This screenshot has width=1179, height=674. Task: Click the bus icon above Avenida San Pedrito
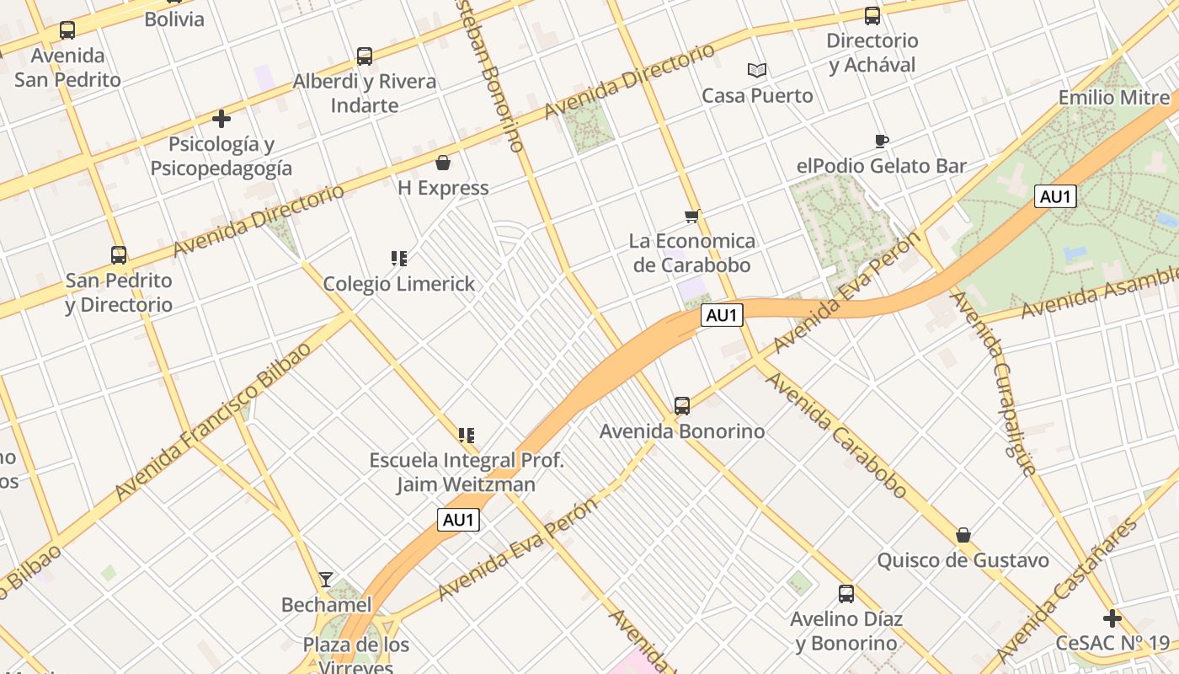67,30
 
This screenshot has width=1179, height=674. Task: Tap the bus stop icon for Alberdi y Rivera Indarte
365,56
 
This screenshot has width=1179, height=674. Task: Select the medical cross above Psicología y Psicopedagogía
221,119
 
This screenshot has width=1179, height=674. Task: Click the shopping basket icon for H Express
443,163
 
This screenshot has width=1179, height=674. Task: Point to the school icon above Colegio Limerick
399,259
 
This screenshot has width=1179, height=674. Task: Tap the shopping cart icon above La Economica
692,217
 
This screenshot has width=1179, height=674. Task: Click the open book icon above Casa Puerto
757,71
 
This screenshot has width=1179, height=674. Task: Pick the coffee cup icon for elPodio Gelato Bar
881,141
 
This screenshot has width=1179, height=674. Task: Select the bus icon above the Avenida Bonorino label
682,406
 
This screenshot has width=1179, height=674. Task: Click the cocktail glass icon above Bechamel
326,580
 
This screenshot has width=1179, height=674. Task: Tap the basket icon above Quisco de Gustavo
963,535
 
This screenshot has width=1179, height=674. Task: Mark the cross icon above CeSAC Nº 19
1112,618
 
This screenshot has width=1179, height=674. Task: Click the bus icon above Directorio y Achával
872,15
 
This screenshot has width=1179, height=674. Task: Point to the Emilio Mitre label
1114,97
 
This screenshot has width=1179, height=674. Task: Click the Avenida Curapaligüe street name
993,383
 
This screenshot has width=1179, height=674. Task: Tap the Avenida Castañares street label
1066,590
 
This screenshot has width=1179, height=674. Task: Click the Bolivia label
174,19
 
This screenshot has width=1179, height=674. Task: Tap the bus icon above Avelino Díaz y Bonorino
846,594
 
